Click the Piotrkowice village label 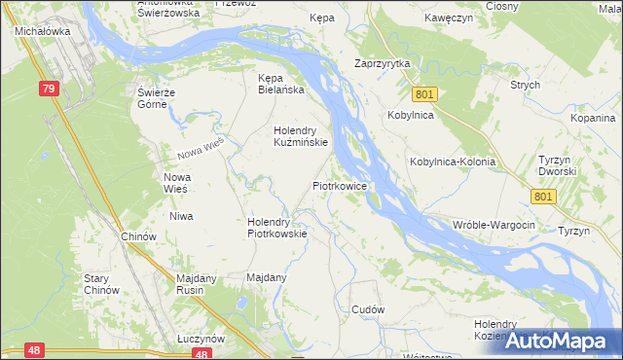[x=339, y=184]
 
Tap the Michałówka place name [x=39, y=31]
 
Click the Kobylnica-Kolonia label [x=453, y=162]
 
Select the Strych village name [x=525, y=85]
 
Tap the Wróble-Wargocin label [x=495, y=225]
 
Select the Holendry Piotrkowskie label [x=277, y=227]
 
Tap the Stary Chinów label [x=101, y=283]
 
